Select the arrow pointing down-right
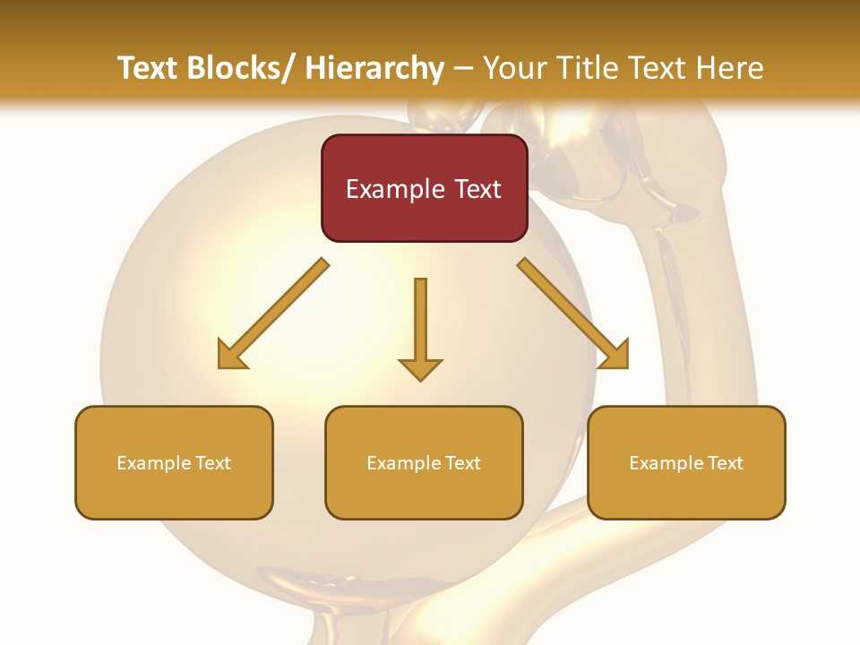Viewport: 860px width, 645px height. point(573,314)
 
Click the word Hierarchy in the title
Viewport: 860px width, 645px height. point(374,68)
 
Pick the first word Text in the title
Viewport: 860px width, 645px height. point(149,68)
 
